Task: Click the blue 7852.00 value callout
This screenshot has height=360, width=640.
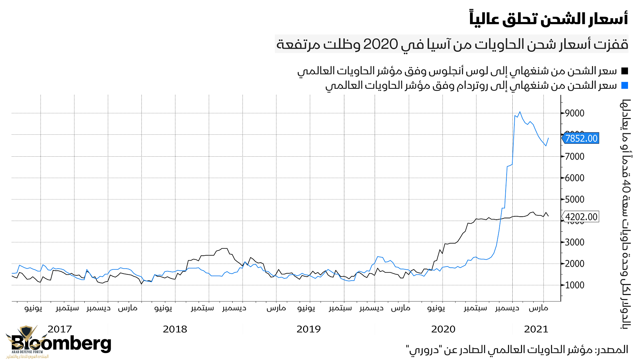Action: point(581,138)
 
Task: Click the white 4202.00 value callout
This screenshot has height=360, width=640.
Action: point(581,217)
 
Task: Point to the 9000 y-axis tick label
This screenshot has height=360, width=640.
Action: point(575,113)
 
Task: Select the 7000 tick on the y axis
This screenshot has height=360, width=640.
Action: point(575,156)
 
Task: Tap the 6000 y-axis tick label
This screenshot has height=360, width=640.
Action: point(575,178)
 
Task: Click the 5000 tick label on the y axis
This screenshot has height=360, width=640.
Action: point(575,199)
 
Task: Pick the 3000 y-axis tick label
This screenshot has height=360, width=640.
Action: point(575,242)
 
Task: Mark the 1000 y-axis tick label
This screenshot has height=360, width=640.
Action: point(575,285)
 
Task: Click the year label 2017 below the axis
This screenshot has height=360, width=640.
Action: point(60,329)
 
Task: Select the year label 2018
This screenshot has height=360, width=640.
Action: point(175,329)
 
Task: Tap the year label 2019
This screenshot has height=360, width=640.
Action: point(308,329)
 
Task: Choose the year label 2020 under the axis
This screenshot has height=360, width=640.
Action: point(443,329)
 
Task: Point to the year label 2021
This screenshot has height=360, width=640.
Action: point(536,329)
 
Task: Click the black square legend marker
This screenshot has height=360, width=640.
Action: point(625,71)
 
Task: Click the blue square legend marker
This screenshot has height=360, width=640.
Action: point(625,86)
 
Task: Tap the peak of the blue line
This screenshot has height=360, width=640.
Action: point(520,112)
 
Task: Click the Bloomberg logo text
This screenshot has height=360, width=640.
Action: point(61,343)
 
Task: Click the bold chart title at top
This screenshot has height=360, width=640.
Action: point(549,19)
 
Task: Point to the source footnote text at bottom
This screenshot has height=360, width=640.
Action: point(517,350)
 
